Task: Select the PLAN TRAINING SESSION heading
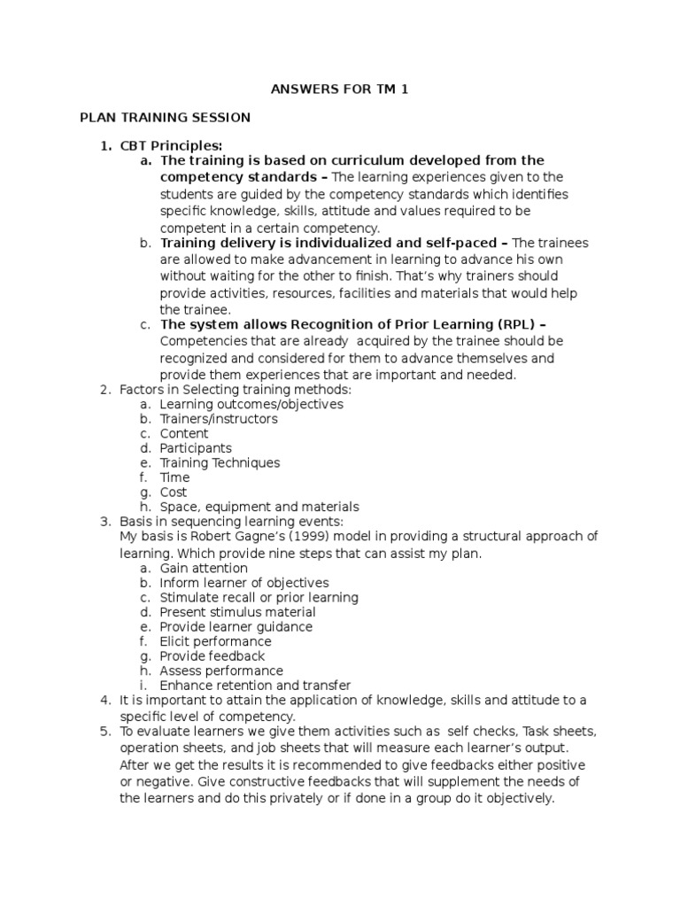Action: tap(165, 117)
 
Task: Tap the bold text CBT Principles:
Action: tap(172, 145)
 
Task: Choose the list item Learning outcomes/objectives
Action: tap(251, 404)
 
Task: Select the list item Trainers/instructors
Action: tap(219, 419)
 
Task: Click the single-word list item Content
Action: tap(184, 434)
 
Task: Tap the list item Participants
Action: tap(196, 448)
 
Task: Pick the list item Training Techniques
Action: tap(220, 462)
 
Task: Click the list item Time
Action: tap(174, 477)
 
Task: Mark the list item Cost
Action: tap(174, 492)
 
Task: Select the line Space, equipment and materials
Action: tap(259, 507)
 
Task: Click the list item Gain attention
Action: tap(204, 568)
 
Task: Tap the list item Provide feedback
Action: tap(212, 656)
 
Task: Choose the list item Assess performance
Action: tap(221, 671)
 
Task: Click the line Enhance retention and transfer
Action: tap(255, 686)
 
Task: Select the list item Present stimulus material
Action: tap(237, 612)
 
